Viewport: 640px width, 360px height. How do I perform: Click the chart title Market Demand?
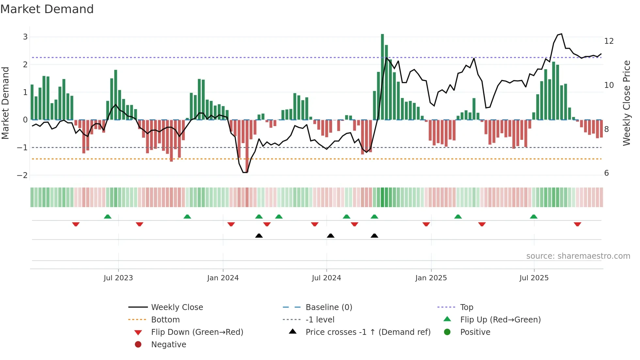[47, 9]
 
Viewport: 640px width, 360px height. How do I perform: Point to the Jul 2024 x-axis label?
[326, 278]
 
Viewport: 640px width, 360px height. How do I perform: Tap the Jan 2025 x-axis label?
[431, 278]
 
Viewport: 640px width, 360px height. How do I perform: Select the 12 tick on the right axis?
[609, 41]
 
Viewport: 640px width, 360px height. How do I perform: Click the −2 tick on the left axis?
[22, 175]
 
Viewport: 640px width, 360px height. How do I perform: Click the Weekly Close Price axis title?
[626, 103]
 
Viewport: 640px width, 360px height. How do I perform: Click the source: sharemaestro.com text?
[578, 256]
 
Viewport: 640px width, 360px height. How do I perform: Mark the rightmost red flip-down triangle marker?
[577, 224]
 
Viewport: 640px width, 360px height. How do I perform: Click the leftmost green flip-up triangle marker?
[107, 217]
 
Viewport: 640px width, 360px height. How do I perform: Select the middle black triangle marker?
[330, 236]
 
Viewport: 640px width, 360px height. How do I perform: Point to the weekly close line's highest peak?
[561, 34]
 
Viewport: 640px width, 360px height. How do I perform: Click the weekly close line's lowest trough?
[245, 172]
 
